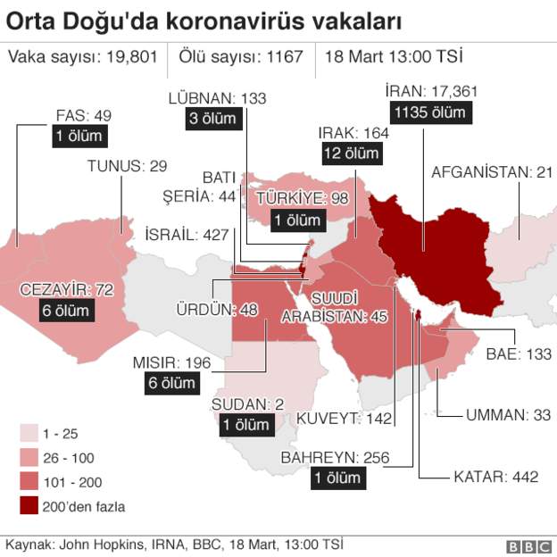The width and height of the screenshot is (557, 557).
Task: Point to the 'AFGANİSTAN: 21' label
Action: (x=492, y=171)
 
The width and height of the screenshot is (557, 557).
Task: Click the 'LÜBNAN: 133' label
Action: (x=218, y=98)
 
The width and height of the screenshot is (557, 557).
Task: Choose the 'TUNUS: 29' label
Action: (x=127, y=166)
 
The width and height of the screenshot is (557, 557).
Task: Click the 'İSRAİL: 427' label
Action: (x=186, y=234)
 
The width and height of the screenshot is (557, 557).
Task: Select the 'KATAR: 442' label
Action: (x=495, y=477)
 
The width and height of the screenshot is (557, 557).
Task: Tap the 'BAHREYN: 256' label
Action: (x=335, y=457)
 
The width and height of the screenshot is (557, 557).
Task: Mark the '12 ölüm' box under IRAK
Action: (x=350, y=154)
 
